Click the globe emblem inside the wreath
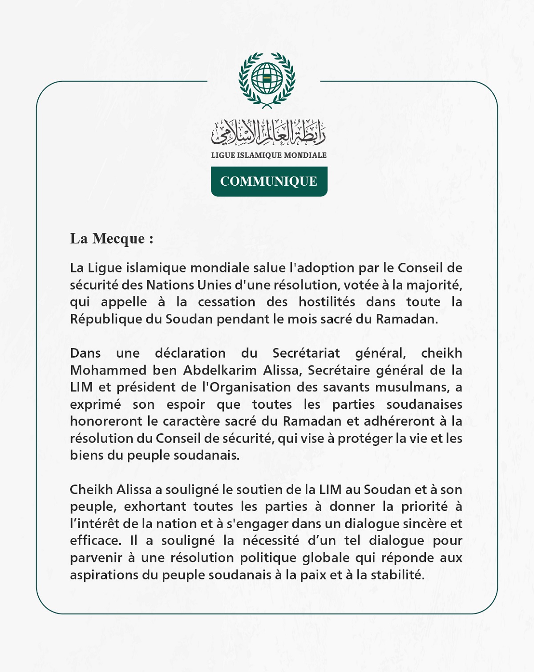267,78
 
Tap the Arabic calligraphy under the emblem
268,133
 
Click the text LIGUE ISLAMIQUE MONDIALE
269,155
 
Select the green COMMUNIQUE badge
269,181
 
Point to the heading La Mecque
111,239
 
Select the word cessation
227,302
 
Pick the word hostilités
327,302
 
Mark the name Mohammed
108,371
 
